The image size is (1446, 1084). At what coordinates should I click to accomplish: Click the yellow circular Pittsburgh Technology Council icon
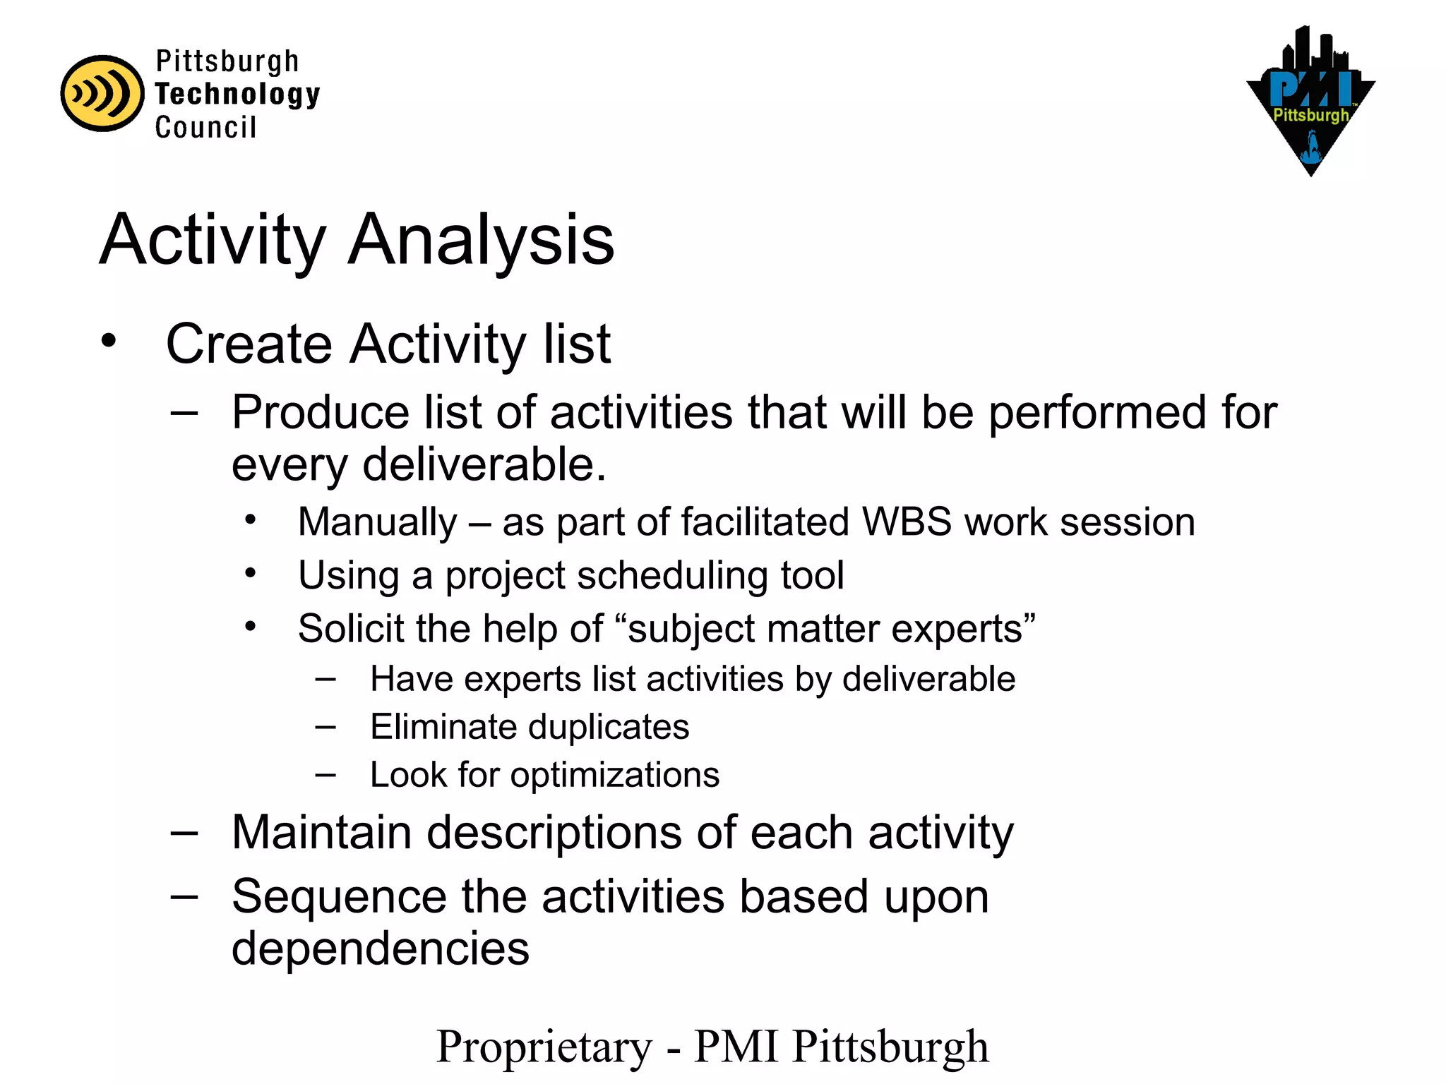coord(102,93)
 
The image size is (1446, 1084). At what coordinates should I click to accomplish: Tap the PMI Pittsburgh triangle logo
coord(1310,102)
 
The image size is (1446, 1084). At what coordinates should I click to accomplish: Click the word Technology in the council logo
coord(237,95)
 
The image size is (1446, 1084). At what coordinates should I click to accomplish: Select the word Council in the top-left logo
coord(205,128)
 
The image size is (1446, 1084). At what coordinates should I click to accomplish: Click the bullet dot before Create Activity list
coord(108,341)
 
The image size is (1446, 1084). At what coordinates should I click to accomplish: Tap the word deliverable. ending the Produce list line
coord(484,465)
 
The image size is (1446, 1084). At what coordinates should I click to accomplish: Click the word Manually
coord(378,523)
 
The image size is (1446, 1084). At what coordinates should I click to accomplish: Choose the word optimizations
coord(615,775)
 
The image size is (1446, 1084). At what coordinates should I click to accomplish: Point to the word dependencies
coord(381,948)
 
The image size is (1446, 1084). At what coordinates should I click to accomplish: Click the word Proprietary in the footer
coord(544,1047)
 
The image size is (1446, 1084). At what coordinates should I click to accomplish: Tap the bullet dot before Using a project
coord(251,573)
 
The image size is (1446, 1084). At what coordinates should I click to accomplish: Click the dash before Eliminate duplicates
coord(325,726)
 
